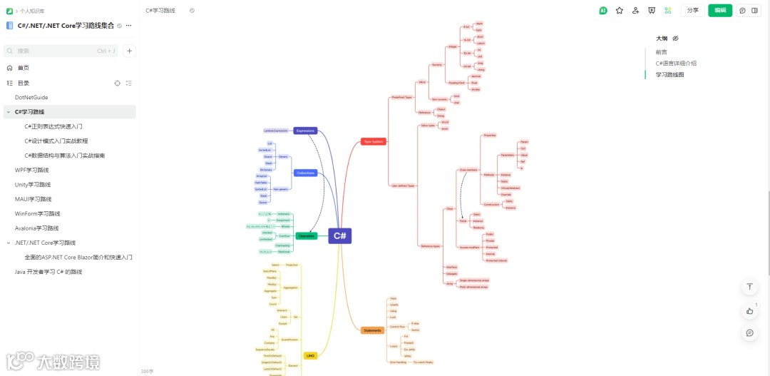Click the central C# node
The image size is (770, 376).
tap(340, 235)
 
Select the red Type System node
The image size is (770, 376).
tap(373, 141)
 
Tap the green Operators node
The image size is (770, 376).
tap(306, 235)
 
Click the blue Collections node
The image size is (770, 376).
tap(305, 173)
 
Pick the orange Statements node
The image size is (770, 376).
tap(372, 330)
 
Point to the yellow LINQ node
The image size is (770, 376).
tap(310, 355)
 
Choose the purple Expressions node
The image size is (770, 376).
tap(305, 131)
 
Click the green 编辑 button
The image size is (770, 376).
tap(719, 11)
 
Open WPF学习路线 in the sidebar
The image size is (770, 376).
tap(32, 170)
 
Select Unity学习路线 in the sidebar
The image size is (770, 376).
tap(33, 185)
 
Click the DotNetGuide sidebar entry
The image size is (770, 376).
tap(31, 97)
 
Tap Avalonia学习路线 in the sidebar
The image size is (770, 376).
tap(37, 228)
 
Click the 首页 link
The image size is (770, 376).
tap(24, 68)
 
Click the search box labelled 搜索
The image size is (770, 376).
tap(61, 51)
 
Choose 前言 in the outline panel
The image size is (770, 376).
tap(662, 52)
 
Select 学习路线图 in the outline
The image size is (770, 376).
tap(670, 74)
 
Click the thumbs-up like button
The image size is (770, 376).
tap(749, 310)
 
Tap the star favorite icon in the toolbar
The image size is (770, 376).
tap(619, 11)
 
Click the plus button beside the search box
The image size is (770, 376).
tap(129, 51)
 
